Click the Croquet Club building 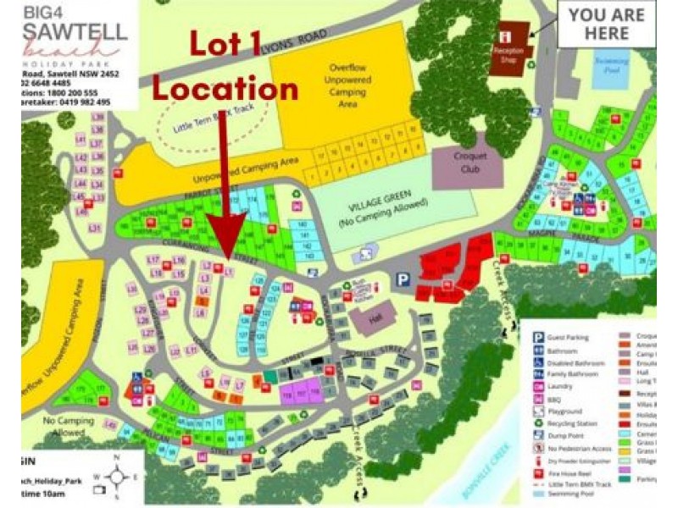coord(466,160)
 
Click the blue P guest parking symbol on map coord(403,277)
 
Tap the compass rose coord(118,476)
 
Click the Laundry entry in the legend coord(575,387)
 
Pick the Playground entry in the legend coord(578,411)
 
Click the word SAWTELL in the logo coord(75,32)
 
